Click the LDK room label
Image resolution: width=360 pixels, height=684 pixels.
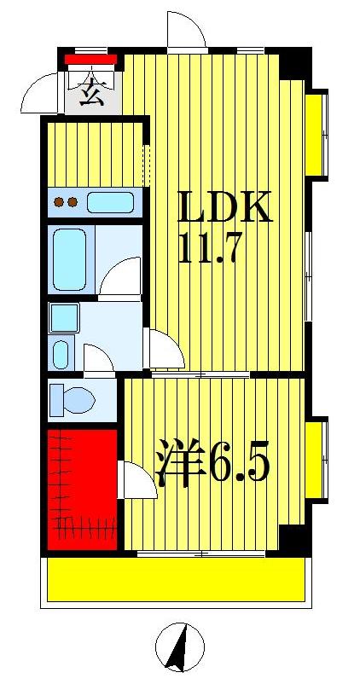pyautogui.click(x=224, y=207)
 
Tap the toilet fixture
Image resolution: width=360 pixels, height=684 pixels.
pyautogui.click(x=71, y=399)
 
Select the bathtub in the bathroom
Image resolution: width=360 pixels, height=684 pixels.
pyautogui.click(x=70, y=258)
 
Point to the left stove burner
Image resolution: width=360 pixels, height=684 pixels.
pyautogui.click(x=60, y=203)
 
